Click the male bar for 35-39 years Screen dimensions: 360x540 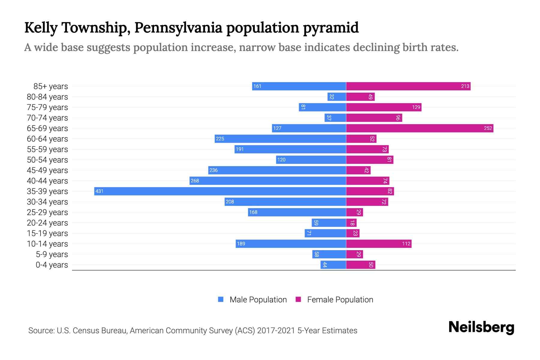click(x=220, y=191)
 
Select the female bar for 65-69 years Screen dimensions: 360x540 click(x=419, y=128)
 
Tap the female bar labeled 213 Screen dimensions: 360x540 click(x=408, y=86)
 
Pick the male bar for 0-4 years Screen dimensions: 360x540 click(x=333, y=265)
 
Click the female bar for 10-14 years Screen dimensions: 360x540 click(x=379, y=244)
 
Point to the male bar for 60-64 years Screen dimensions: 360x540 click(x=280, y=139)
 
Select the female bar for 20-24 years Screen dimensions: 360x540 click(x=351, y=223)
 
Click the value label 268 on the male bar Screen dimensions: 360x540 click(x=195, y=181)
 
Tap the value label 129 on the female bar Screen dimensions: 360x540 click(x=416, y=107)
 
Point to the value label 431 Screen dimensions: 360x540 click(x=99, y=191)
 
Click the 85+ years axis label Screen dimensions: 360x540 click(x=50, y=86)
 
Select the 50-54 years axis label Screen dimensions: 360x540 click(x=47, y=160)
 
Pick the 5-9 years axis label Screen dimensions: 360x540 click(x=52, y=254)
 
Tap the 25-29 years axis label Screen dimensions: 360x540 click(x=47, y=212)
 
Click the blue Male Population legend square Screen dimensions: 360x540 click(x=221, y=299)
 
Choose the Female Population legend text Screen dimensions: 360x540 click(x=340, y=300)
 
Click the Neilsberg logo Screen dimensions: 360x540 click(x=481, y=327)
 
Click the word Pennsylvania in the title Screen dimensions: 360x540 click(x=178, y=28)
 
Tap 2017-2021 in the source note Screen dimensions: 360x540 click(x=276, y=331)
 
